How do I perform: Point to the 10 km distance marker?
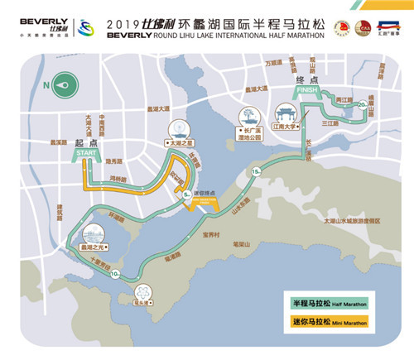tap(113, 273)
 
